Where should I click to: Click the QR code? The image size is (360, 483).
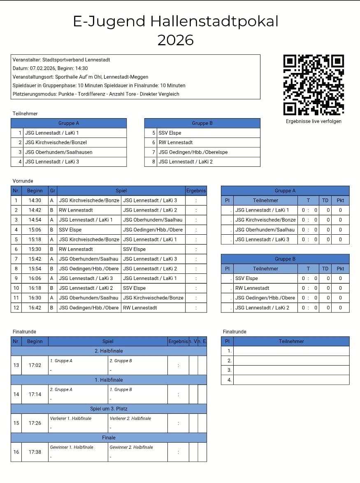tap(314, 85)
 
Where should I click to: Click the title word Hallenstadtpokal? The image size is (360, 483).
tap(214, 21)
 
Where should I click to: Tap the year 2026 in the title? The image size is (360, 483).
tap(175, 40)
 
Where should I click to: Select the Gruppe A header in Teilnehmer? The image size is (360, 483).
tap(69, 123)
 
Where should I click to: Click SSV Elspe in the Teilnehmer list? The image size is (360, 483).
tap(170, 133)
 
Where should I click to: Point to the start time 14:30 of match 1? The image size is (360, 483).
tap(35, 201)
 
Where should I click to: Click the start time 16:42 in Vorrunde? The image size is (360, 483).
tap(35, 308)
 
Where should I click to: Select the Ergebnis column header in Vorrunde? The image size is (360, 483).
tap(196, 191)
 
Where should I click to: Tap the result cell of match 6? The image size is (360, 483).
tap(196, 249)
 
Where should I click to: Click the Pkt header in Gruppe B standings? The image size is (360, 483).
tap(340, 268)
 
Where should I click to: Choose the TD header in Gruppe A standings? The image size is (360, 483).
tap(325, 201)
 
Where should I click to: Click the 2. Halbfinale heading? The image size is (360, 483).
tap(109, 351)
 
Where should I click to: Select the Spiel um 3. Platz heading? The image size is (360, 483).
tap(109, 409)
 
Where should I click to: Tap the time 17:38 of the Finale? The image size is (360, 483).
tap(35, 452)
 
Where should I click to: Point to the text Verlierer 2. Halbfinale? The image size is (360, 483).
tap(130, 418)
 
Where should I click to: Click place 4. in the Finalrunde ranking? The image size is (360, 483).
tap(229, 380)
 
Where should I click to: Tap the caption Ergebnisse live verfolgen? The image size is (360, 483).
tap(314, 121)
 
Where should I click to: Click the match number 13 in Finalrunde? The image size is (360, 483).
tap(16, 365)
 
